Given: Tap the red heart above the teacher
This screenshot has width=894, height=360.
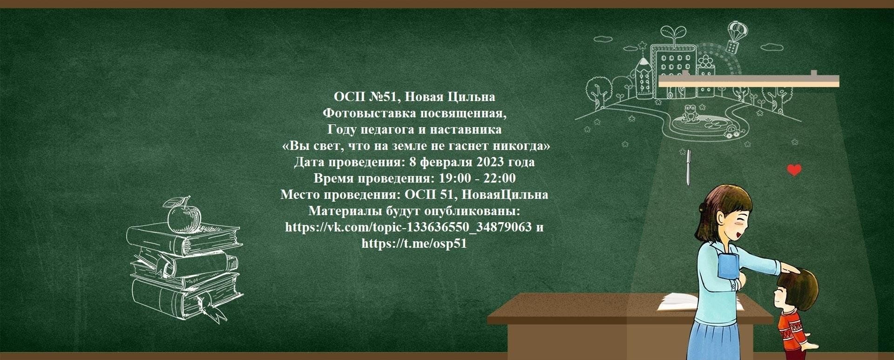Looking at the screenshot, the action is pyautogui.click(x=794, y=170).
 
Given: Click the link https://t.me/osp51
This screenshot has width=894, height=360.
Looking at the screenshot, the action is pyautogui.click(x=414, y=244).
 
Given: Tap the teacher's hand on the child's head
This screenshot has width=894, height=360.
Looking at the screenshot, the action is pyautogui.click(x=791, y=269).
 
